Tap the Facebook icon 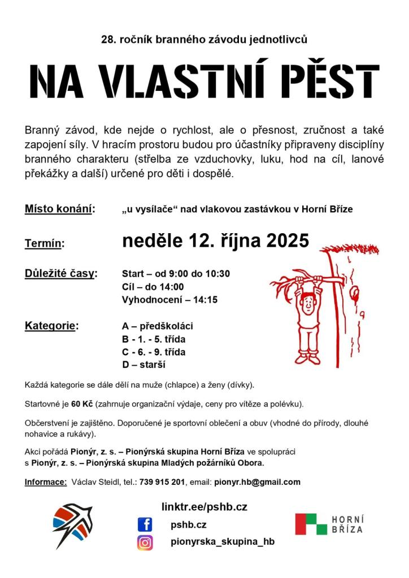145,525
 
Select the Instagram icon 145,542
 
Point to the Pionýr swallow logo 72,524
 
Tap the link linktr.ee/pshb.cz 204,507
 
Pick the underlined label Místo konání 59,209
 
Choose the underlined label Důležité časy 61,274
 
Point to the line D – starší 143,365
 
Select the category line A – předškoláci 158,326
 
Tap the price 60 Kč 82,404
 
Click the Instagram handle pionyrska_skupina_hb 222,542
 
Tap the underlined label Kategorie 51,326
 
